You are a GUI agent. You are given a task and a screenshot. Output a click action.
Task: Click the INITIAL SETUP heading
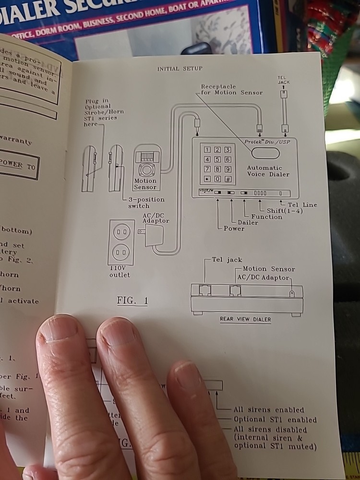[x=180, y=69]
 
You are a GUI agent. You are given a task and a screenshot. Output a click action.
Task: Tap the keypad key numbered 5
[x=218, y=159]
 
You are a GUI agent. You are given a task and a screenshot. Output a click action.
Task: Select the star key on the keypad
[x=208, y=179]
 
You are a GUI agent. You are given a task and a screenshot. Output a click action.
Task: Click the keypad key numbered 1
[x=208, y=150]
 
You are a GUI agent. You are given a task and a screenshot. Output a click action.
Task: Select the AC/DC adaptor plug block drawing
[x=155, y=236]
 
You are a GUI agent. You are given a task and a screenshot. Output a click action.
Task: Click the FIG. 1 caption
[x=132, y=301]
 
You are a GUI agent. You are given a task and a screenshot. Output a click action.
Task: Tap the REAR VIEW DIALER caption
[x=245, y=319]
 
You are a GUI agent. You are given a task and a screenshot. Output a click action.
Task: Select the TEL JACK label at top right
[x=284, y=80]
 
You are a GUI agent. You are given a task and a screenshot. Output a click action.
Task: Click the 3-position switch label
[x=146, y=203]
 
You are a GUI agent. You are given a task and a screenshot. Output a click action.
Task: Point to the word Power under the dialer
[x=234, y=228]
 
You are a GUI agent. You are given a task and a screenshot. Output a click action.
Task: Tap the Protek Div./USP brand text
[x=268, y=142]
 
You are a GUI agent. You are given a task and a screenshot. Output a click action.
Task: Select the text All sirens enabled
[x=268, y=410]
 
